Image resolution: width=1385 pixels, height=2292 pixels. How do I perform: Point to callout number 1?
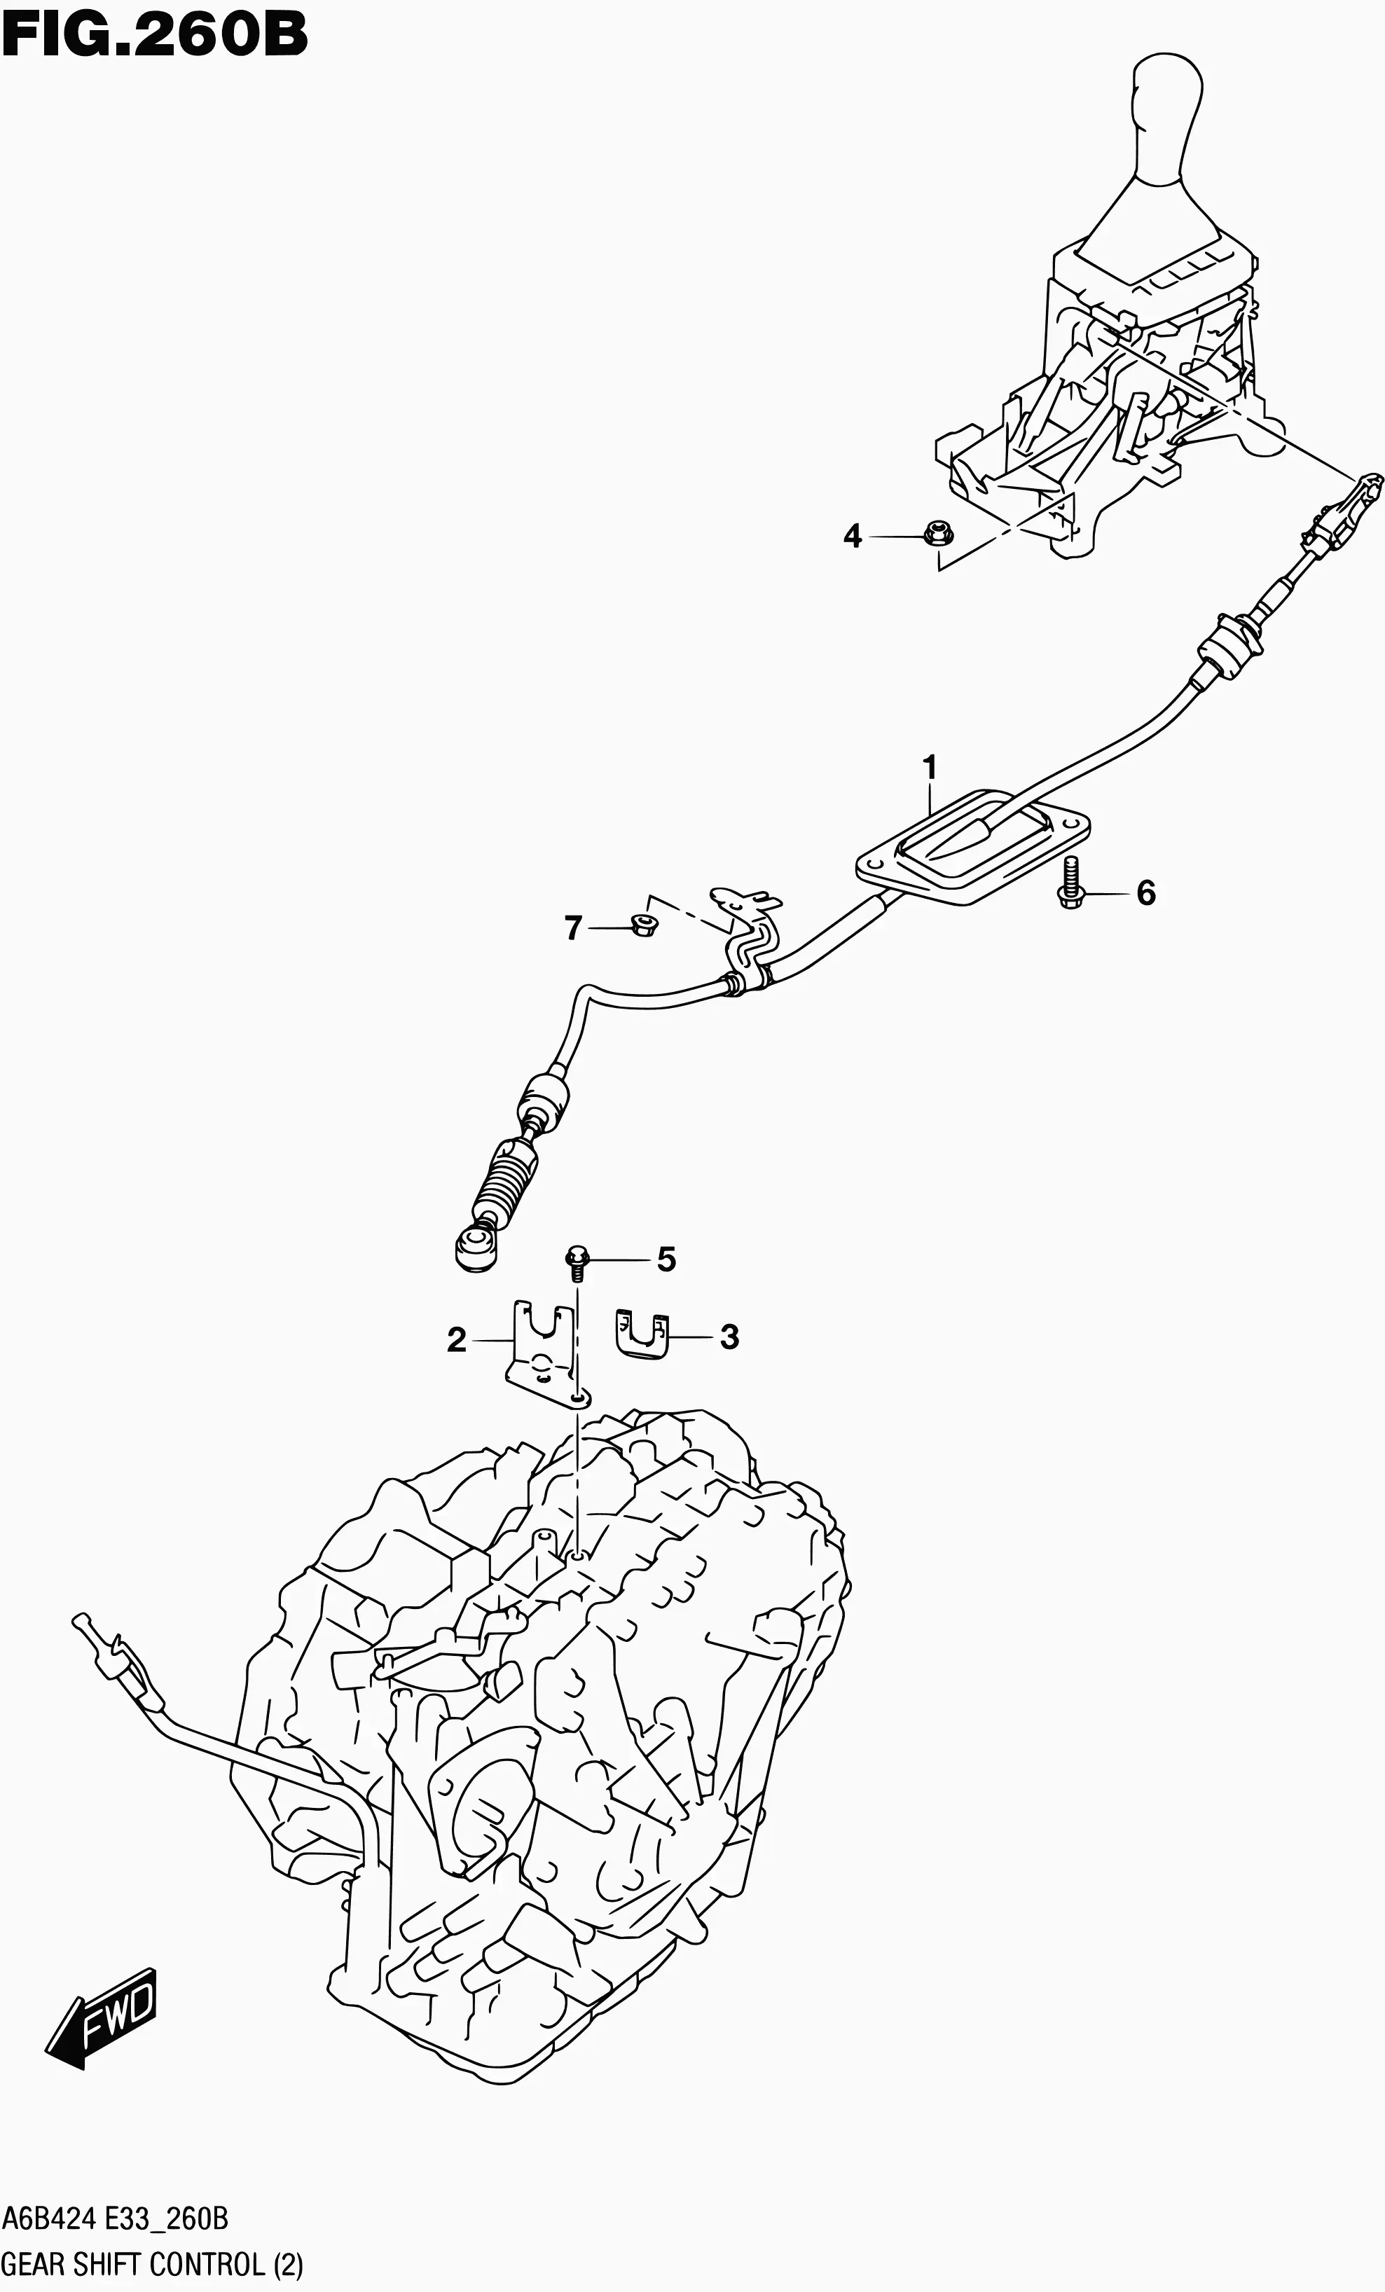click(929, 769)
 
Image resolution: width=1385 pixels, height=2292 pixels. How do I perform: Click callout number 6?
click(1146, 894)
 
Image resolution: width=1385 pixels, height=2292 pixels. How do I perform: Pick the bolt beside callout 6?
click(1070, 881)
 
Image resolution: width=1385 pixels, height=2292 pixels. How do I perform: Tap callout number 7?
click(573, 927)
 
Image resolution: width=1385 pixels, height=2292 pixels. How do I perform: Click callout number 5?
click(666, 1259)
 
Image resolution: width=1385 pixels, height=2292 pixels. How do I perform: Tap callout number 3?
click(730, 1337)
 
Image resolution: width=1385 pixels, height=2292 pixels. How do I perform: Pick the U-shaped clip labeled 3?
click(642, 1335)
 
